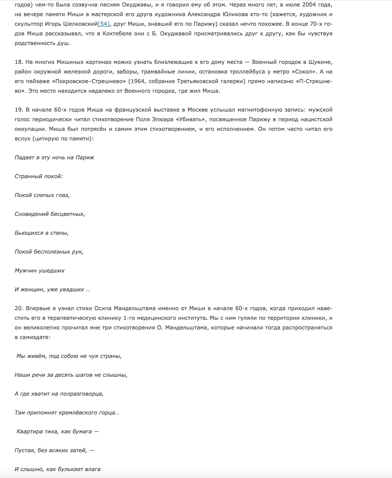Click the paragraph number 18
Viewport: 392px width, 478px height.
tap(18, 62)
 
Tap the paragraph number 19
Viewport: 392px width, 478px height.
tap(18, 110)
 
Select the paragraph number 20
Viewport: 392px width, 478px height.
tap(19, 308)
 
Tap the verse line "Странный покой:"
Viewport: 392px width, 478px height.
tap(39, 176)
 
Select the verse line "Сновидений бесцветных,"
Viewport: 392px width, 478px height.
tap(50, 214)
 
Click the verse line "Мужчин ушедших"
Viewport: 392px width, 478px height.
tap(40, 271)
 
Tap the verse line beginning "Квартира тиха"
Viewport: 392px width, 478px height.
tap(57, 431)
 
